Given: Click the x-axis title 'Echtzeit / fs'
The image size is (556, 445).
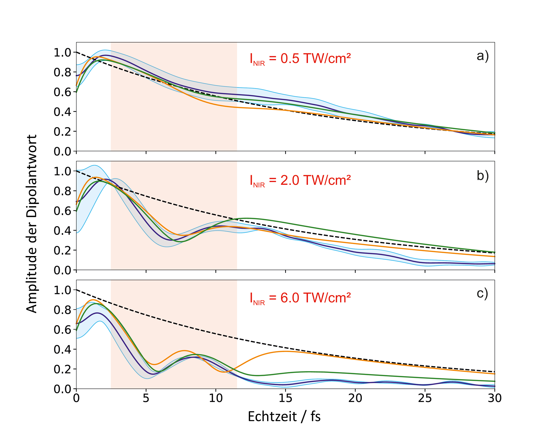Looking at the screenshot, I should (284, 417).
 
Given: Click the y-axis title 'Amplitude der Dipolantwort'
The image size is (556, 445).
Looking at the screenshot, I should (32, 224).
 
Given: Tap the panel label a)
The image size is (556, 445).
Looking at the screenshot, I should (482, 56).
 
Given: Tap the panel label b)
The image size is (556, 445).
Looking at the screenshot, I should (482, 176).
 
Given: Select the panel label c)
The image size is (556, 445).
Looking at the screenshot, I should (482, 293).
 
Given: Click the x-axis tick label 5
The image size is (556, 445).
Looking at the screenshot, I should (146, 398).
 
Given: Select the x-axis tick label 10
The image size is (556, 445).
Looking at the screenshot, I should (216, 398).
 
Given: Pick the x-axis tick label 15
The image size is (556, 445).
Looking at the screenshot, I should (285, 398).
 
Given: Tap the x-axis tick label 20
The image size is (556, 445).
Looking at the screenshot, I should (355, 398).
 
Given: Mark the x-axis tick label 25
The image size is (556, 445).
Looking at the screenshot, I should (425, 398).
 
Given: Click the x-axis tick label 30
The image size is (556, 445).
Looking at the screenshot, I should (495, 398).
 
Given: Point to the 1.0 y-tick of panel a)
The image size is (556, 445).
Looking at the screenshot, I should (62, 53).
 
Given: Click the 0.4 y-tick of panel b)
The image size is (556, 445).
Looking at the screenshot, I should (62, 231).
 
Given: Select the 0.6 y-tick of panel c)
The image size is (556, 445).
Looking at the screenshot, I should (62, 330).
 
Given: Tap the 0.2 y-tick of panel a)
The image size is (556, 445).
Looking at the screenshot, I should (62, 132).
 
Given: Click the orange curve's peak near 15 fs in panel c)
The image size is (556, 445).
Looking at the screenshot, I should (285, 351).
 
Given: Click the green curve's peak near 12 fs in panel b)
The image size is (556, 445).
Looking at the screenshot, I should (247, 218).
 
